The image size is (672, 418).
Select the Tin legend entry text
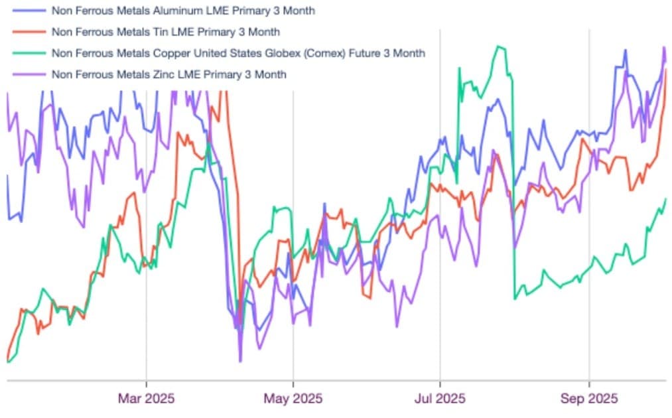[x=165, y=32]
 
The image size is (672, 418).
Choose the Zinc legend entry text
[x=168, y=74]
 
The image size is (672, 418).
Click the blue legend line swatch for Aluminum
[x=27, y=11]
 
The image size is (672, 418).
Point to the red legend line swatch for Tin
[x=27, y=32]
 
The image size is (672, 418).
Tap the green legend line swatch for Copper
[x=27, y=53]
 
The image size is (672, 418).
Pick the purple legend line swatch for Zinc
[x=27, y=74]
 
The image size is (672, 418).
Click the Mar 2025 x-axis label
[x=147, y=399]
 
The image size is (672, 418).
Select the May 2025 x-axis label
[x=294, y=399]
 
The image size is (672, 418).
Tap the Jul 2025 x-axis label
[x=440, y=399]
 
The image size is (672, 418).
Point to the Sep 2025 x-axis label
[x=589, y=399]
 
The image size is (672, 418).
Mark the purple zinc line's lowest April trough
[x=240, y=361]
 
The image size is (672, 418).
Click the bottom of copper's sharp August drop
[x=515, y=299]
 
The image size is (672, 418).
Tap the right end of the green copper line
[x=665, y=199]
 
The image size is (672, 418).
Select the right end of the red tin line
[x=666, y=69]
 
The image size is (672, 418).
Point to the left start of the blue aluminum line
[x=7, y=176]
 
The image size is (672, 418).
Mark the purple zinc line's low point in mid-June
[x=397, y=326]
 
